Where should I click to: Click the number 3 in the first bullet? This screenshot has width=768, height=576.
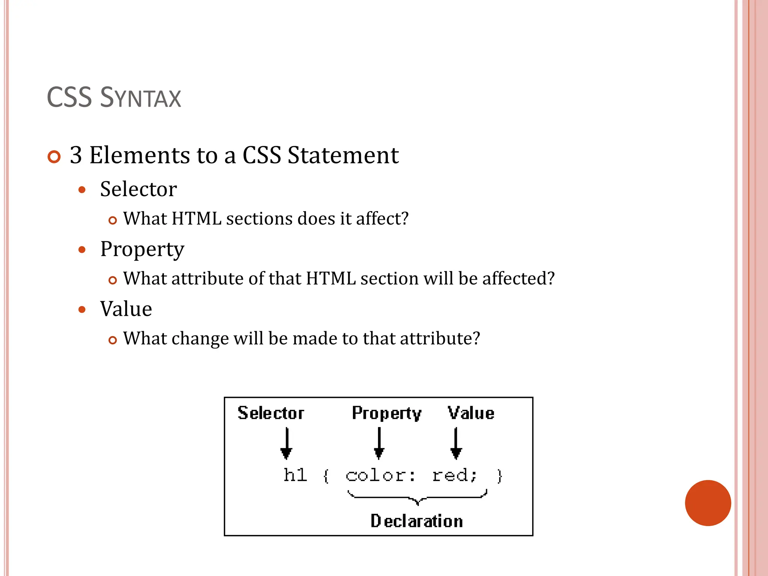coord(76,155)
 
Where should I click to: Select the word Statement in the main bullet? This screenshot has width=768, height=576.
coord(343,155)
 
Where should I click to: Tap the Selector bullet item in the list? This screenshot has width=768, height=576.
coord(138,189)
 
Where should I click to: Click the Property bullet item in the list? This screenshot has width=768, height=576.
coord(142,249)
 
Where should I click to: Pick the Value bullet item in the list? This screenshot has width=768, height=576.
coord(126,309)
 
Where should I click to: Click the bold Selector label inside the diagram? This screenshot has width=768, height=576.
coord(271,413)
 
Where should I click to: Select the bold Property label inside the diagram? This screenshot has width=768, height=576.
coord(386,413)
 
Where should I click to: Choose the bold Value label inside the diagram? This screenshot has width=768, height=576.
coord(471,413)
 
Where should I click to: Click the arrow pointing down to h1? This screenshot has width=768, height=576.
coord(286,443)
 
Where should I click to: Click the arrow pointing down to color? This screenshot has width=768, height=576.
coord(379,443)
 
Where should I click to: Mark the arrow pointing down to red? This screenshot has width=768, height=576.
coord(456,443)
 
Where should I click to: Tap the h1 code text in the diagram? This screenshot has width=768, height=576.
coord(295,475)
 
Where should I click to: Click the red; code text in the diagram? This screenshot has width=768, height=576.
coord(454,475)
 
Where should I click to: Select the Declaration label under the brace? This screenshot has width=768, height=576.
coord(416,521)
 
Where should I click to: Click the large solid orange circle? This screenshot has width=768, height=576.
coord(708,503)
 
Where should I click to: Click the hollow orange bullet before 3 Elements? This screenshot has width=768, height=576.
coord(54,157)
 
